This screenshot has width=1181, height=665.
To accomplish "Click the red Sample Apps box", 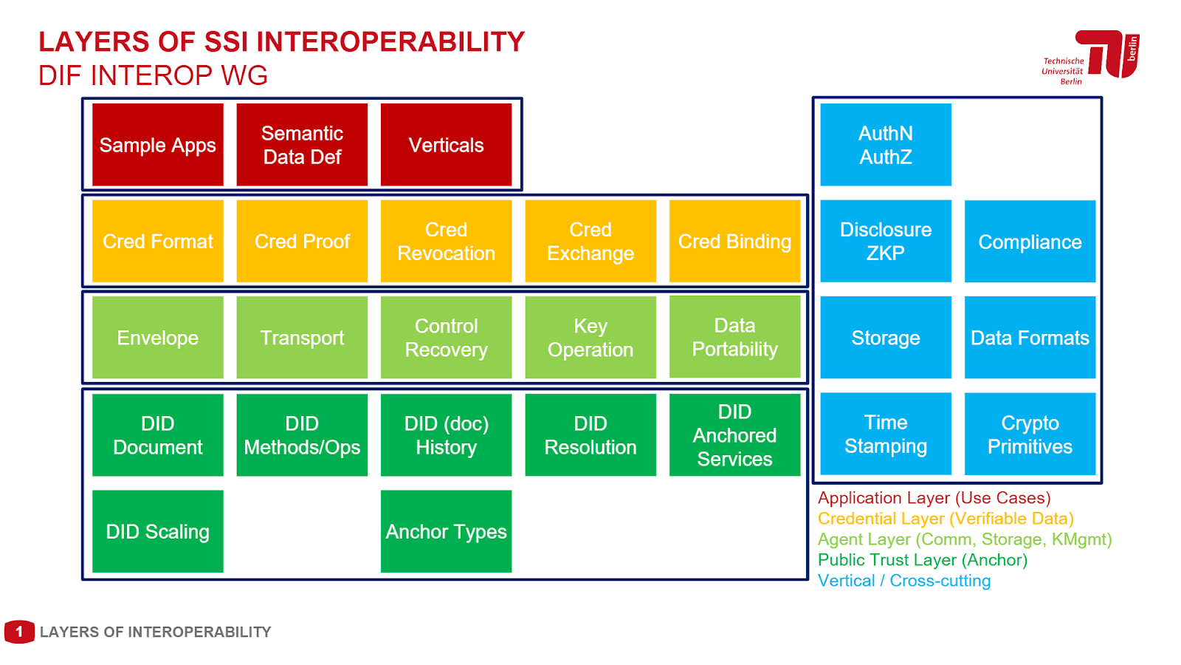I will (157, 145).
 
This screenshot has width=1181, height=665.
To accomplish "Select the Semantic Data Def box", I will (302, 145).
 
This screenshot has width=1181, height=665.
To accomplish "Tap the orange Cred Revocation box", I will (446, 241).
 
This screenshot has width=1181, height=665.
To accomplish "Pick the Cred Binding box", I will (734, 241).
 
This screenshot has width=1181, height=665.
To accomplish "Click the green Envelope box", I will (157, 338).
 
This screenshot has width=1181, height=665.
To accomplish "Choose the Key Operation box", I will (590, 338).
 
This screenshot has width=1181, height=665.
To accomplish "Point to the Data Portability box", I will (734, 337).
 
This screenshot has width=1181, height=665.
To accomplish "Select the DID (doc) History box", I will (446, 434).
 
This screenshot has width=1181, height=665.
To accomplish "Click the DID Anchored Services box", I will (734, 434).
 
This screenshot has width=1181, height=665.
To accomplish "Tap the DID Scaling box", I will (157, 531).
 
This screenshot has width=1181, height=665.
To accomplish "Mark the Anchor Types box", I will (446, 531).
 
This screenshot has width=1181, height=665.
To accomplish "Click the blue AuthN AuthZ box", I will (886, 145).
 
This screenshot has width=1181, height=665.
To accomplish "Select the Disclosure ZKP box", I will (886, 241).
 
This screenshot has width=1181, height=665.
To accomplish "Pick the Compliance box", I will (1030, 242).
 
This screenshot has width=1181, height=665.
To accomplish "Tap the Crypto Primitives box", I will (1030, 434).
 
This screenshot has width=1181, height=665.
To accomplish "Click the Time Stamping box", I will (886, 434).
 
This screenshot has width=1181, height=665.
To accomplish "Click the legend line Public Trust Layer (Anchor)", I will (922, 560).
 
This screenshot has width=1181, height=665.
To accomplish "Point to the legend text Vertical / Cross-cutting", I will (903, 581).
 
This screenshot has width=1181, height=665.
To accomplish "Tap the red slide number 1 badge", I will (19, 632).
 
